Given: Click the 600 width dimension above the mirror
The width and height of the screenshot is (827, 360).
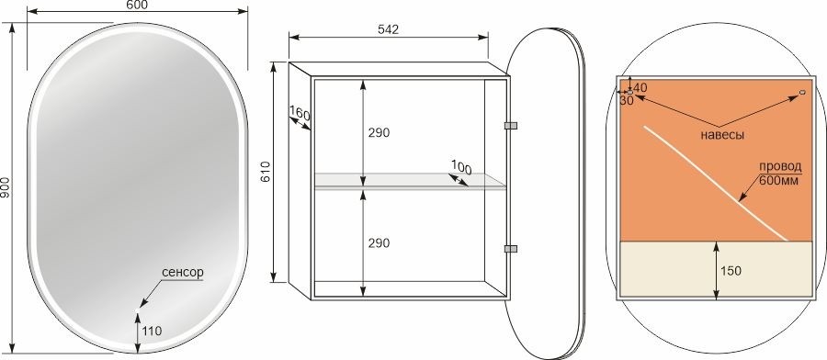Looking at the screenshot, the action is click(138, 5).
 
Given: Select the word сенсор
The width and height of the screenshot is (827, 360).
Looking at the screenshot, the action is click(183, 273).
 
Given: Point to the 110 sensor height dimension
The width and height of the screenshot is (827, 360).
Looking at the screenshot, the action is click(152, 331).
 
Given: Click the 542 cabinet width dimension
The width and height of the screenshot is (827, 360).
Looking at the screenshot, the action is click(388, 29).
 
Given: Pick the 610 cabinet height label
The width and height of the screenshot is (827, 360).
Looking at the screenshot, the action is click(266, 172).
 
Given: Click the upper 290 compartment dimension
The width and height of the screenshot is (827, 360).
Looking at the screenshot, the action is click(379, 133).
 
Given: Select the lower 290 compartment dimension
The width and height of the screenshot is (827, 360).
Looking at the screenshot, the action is click(379, 243).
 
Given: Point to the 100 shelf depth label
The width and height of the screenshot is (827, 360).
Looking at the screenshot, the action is click(461, 168).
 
